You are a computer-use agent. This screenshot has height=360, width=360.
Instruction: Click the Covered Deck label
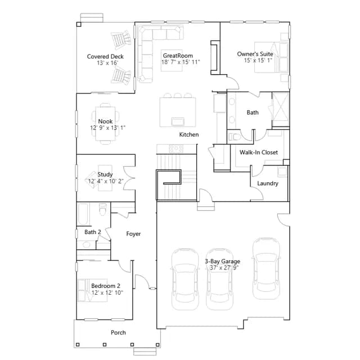105,56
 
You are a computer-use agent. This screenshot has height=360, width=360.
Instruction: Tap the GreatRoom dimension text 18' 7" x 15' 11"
181,62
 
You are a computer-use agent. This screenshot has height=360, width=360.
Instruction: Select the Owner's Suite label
255,54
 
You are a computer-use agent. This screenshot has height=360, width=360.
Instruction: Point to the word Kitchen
189,134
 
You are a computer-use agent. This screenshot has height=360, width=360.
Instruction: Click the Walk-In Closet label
259,152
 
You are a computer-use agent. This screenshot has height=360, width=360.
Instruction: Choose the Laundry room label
268,183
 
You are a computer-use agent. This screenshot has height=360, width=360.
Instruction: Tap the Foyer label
133,234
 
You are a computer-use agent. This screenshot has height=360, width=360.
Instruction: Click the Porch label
118,332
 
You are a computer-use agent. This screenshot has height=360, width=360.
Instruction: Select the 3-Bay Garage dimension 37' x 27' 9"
224,268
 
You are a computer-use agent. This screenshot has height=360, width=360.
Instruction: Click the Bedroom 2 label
106,286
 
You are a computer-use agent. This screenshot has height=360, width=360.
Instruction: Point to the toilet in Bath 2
103,209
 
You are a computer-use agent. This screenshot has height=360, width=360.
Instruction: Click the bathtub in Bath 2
83,214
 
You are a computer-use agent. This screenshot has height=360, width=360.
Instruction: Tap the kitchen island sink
178,121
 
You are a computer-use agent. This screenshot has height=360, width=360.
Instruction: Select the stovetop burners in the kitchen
176,148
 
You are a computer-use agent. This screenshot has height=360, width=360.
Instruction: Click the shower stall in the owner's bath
281,109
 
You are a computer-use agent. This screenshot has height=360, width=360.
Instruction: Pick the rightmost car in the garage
266,268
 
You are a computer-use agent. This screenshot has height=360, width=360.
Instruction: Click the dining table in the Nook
105,124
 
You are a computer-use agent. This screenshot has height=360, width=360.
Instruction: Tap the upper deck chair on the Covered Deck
121,40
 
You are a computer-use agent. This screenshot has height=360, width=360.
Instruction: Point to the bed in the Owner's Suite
271,57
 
